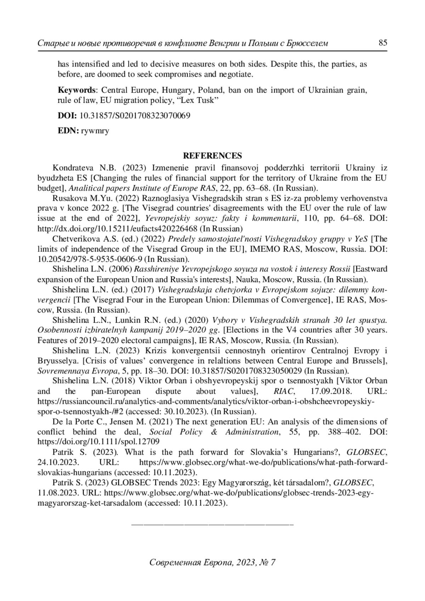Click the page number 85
click(x=383, y=43)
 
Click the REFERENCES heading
click(x=212, y=156)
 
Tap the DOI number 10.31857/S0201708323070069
click(x=135, y=116)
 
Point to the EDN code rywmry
click(x=95, y=131)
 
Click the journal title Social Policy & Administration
click(x=214, y=432)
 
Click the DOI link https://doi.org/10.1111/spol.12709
click(x=98, y=442)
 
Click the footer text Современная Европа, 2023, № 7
click(x=212, y=562)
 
